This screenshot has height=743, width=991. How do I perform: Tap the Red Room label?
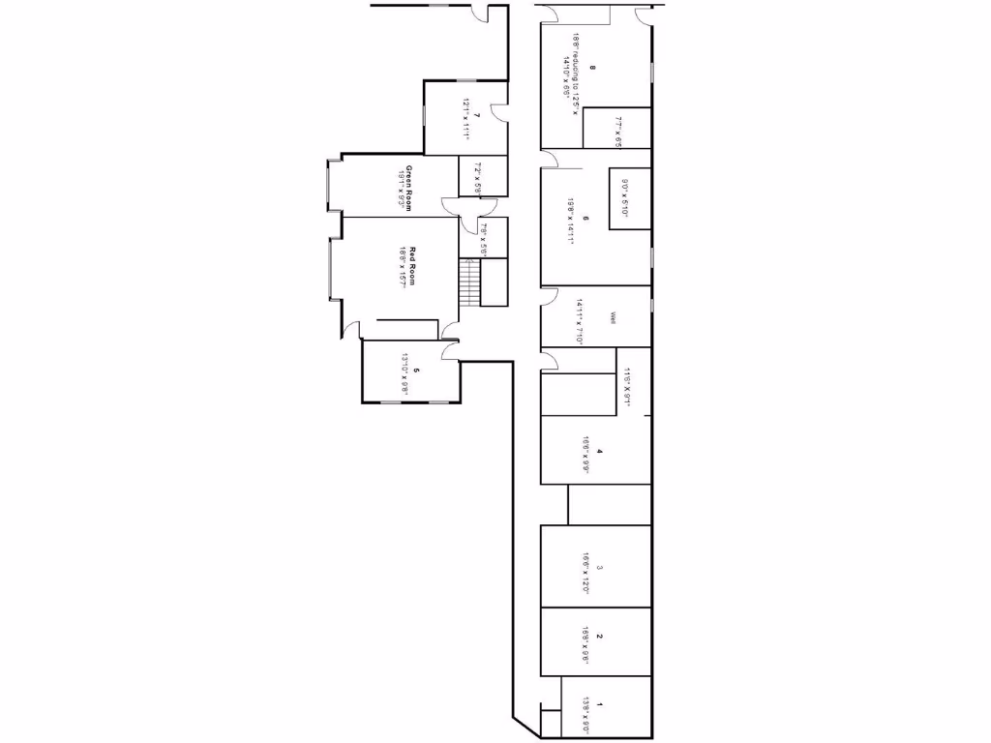coord(412,267)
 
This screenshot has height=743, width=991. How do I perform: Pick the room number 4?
coord(600,451)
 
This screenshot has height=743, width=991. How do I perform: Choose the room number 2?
coord(600,636)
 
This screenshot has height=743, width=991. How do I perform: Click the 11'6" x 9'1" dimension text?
coord(628,388)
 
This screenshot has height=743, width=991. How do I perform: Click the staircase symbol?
coord(469,282)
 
